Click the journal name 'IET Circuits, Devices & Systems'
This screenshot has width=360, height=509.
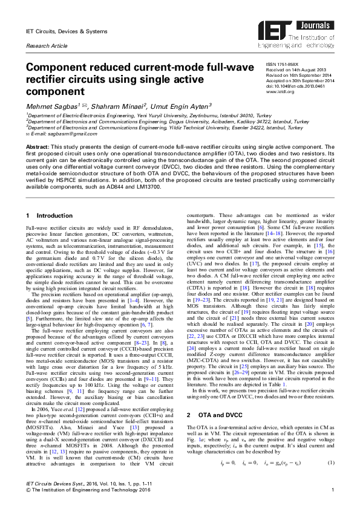64,30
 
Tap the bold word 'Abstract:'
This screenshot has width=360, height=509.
36,147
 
